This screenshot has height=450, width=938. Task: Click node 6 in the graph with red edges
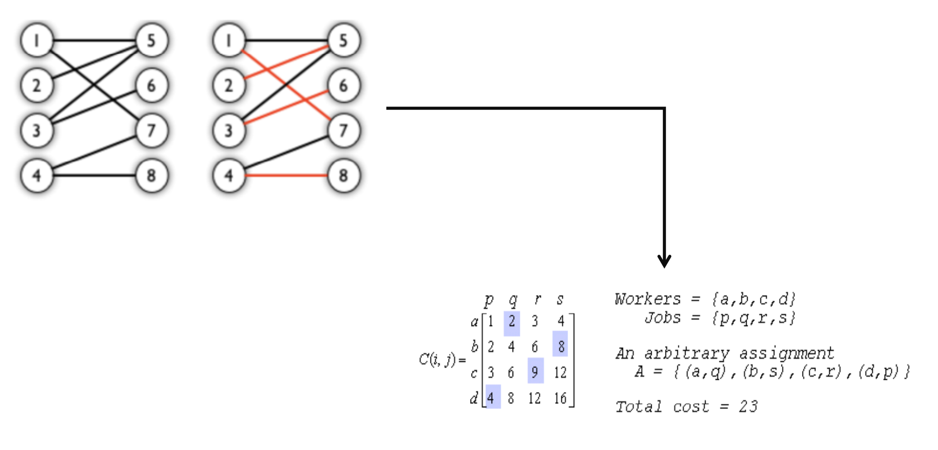(343, 85)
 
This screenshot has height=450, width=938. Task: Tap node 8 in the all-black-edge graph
(151, 175)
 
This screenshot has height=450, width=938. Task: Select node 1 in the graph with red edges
(229, 40)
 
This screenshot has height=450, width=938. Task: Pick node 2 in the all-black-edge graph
(36, 85)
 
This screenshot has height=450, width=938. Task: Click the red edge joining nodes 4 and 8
(286, 175)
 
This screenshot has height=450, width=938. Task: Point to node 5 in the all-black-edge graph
(151, 40)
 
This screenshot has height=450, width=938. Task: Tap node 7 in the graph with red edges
(343, 130)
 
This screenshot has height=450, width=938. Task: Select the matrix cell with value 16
(560, 398)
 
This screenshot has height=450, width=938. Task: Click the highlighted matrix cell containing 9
(535, 372)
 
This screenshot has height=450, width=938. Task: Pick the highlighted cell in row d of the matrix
(492, 398)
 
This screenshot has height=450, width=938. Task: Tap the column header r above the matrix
(537, 299)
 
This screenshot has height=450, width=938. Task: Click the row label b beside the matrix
(475, 346)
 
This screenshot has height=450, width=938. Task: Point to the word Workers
(648, 299)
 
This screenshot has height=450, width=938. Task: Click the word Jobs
(662, 318)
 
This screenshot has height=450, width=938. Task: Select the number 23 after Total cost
(748, 406)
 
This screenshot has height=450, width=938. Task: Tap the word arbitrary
(687, 353)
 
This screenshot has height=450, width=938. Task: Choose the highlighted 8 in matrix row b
(561, 346)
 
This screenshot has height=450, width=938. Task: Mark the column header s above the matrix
(560, 299)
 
